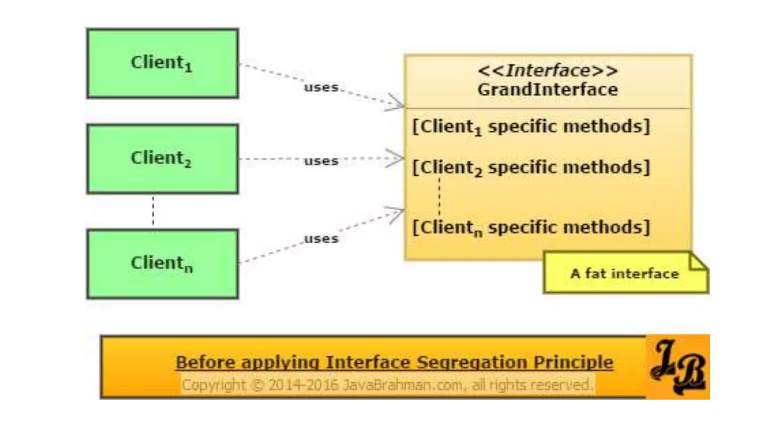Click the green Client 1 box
(x=163, y=63)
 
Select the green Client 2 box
(x=163, y=159)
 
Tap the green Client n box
(x=163, y=264)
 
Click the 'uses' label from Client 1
(x=321, y=87)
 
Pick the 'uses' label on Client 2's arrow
(x=321, y=161)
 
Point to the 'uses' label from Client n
(x=321, y=239)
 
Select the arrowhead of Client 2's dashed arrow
(x=397, y=158)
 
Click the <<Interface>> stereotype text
(x=548, y=71)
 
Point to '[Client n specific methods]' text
(x=531, y=228)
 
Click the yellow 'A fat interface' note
(x=625, y=273)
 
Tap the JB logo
(x=678, y=367)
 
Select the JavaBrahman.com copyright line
(x=387, y=385)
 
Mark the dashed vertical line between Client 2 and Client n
(x=153, y=211)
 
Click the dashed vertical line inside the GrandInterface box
(x=439, y=197)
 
